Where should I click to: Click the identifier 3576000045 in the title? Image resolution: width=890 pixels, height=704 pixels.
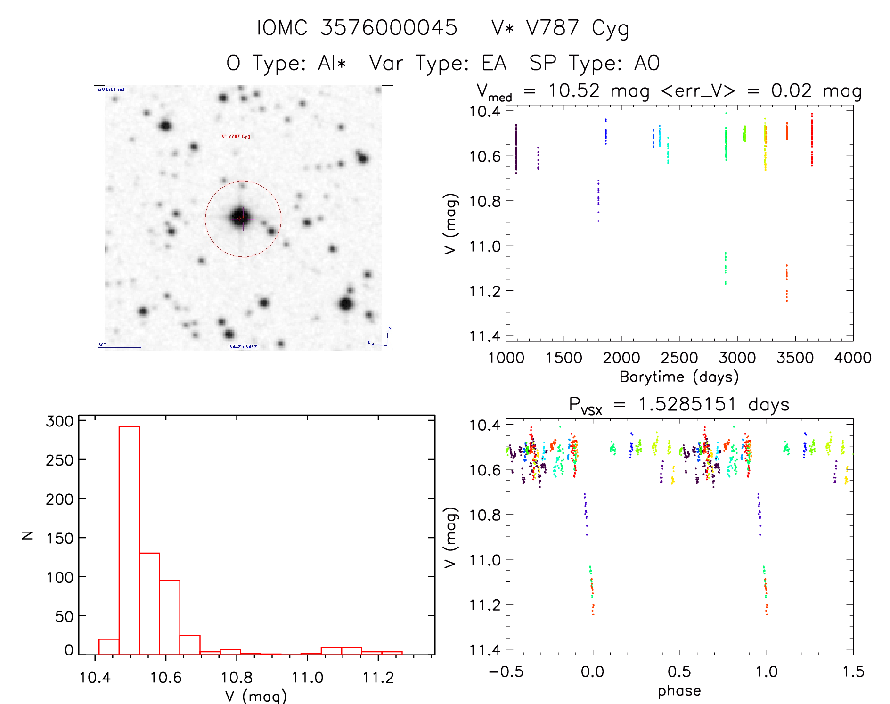pyautogui.click(x=389, y=27)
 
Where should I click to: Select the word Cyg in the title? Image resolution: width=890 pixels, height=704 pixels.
pyautogui.click(x=610, y=28)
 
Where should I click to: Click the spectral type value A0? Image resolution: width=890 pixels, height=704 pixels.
pyautogui.click(x=647, y=63)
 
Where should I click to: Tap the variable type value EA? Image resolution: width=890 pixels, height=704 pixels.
pyautogui.click(x=494, y=63)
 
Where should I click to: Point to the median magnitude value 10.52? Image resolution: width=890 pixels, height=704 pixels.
pyautogui.click(x=574, y=90)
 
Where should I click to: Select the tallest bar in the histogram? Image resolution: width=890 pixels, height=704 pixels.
pyautogui.click(x=129, y=540)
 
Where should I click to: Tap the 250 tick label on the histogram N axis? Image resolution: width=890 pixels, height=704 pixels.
pyautogui.click(x=60, y=460)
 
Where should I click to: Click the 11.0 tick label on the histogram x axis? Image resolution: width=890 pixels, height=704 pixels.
pyautogui.click(x=307, y=678)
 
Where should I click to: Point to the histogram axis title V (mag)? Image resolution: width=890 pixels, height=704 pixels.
pyautogui.click(x=256, y=696)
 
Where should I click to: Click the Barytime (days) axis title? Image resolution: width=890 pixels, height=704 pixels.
pyautogui.click(x=679, y=377)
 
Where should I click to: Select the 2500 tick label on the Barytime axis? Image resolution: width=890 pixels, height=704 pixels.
pyautogui.click(x=679, y=358)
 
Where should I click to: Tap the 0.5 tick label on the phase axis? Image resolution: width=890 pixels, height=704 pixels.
pyautogui.click(x=679, y=671)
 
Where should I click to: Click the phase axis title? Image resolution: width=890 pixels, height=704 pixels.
pyautogui.click(x=679, y=691)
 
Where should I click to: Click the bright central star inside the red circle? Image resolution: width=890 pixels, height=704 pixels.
pyautogui.click(x=242, y=217)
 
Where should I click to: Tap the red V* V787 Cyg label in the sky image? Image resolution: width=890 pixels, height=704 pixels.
pyautogui.click(x=236, y=137)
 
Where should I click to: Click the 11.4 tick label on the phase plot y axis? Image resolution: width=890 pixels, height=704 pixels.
pyautogui.click(x=485, y=650)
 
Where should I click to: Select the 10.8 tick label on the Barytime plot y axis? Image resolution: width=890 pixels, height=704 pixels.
pyautogui.click(x=485, y=201)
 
